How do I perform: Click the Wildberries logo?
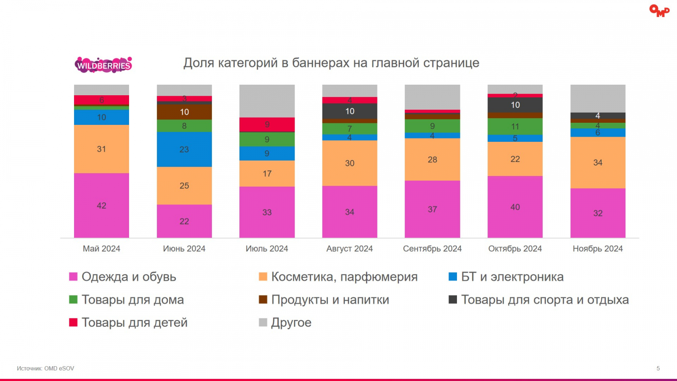tap(103, 65)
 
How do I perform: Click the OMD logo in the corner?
tap(659, 11)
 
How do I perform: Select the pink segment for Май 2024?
tap(102, 205)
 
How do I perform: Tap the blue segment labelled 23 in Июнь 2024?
tap(184, 149)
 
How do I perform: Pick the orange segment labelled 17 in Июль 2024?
tap(267, 173)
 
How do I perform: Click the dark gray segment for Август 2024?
tap(350, 111)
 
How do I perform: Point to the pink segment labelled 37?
tap(432, 209)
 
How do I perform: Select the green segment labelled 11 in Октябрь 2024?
tap(515, 126)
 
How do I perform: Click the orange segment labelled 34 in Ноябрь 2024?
tap(597, 163)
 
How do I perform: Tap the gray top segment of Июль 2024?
tap(267, 101)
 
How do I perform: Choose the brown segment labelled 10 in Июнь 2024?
tap(184, 112)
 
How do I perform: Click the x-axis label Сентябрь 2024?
tap(432, 248)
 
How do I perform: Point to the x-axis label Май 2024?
tap(102, 248)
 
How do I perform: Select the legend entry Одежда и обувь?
tap(129, 277)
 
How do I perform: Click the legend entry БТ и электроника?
tap(512, 277)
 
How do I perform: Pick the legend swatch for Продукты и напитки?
tap(263, 300)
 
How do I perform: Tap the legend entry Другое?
tap(291, 323)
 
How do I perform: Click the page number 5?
tap(658, 368)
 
